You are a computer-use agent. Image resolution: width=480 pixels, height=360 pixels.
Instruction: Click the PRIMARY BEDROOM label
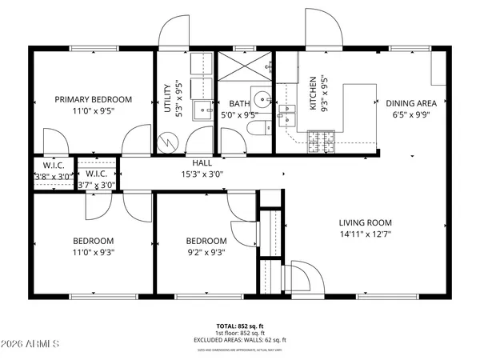tap(93, 100)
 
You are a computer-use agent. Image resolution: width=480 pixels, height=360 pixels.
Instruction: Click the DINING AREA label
tap(411, 103)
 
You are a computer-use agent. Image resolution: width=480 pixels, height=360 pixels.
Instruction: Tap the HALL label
tap(201, 162)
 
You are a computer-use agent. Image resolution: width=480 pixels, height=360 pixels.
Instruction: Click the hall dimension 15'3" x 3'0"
tap(201, 174)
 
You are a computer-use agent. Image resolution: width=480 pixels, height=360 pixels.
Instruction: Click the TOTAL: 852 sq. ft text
tap(239, 327)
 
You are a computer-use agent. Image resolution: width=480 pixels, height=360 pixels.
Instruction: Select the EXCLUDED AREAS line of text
tap(239, 340)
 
